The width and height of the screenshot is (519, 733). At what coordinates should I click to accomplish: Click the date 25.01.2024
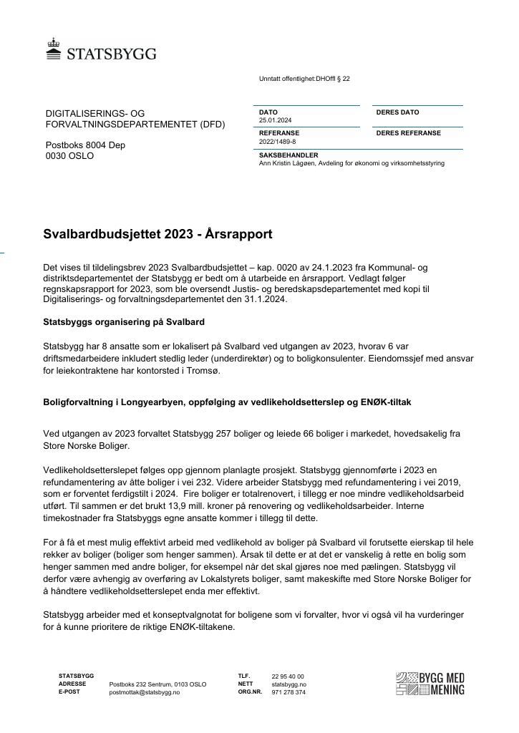[275, 120]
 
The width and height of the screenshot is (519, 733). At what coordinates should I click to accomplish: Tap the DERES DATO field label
[397, 112]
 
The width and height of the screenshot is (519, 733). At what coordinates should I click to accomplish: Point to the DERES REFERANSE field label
[408, 133]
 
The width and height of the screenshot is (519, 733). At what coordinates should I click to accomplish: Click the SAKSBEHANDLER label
[288, 155]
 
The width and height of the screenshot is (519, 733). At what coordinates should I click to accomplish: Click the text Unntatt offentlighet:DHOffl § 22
[304, 79]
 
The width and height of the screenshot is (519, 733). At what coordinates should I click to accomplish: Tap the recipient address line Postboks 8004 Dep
[85, 145]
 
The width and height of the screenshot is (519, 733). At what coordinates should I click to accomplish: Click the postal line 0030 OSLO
[69, 156]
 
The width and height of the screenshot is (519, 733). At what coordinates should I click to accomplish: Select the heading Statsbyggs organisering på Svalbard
[124, 321]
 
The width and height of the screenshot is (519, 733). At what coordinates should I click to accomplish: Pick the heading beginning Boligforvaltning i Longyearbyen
[227, 402]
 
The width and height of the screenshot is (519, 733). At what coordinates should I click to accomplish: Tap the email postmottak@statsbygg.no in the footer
[145, 693]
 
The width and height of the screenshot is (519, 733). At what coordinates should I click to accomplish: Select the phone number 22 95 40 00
[288, 676]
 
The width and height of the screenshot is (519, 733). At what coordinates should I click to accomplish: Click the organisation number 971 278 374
[288, 693]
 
